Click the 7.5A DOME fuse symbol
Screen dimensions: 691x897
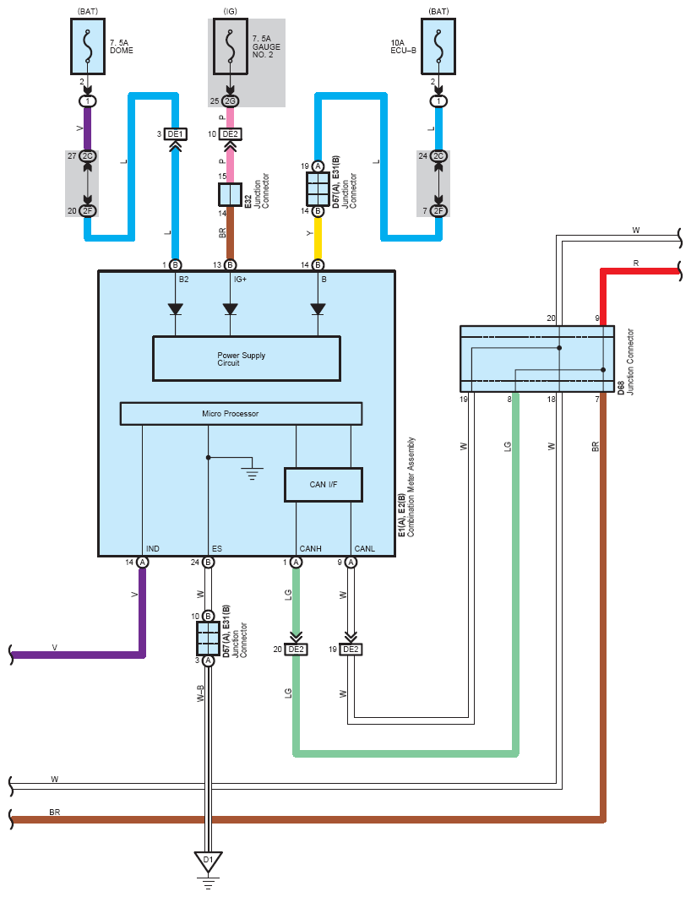tap(88, 46)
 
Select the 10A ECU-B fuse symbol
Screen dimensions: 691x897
tap(438, 46)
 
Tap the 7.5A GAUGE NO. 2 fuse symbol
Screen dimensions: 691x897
tap(231, 46)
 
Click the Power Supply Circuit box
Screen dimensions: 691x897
tap(247, 359)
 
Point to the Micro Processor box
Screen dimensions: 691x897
tap(241, 414)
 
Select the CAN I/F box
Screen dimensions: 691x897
tap(324, 485)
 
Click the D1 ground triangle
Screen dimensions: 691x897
tap(208, 862)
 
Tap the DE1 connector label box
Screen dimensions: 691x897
tap(175, 133)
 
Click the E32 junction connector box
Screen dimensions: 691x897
tap(230, 194)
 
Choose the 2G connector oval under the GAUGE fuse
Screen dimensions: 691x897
tap(230, 101)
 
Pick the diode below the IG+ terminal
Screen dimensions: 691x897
tap(230, 309)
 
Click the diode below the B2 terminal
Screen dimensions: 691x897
tap(175, 309)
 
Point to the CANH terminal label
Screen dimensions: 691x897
tap(310, 549)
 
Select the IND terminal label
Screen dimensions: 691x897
tap(153, 549)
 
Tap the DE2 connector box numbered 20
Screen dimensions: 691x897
tap(296, 650)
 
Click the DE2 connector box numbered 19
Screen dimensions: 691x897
tap(351, 650)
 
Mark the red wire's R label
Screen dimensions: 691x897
tap(636, 264)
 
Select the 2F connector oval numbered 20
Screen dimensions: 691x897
tap(88, 211)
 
